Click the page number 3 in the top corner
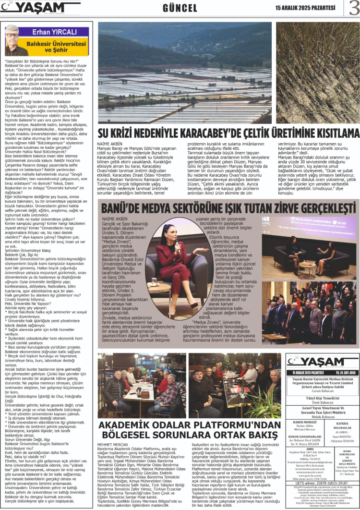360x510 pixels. click(353, 8)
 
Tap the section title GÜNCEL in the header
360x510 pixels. click(180, 8)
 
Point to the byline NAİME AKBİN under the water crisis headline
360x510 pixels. click(110, 144)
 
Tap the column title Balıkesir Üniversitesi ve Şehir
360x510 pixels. click(61, 47)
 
